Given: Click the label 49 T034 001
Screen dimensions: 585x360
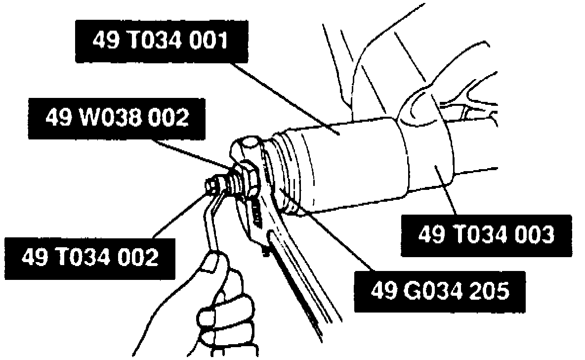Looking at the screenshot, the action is click(161, 41).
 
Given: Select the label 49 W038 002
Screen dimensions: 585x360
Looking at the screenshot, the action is click(117, 118).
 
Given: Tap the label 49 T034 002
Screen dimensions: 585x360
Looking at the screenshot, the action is click(90, 258).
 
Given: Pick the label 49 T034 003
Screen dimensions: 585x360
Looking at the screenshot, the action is click(486, 235).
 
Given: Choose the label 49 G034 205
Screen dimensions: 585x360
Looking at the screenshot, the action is click(440, 291).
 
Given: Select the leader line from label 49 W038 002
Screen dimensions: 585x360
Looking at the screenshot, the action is click(193, 151).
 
